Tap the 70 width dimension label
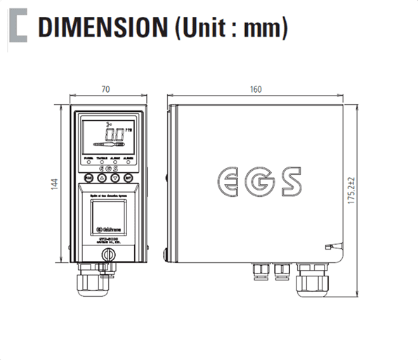[107, 89]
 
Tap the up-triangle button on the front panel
[102, 179]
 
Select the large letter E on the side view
[227, 181]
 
